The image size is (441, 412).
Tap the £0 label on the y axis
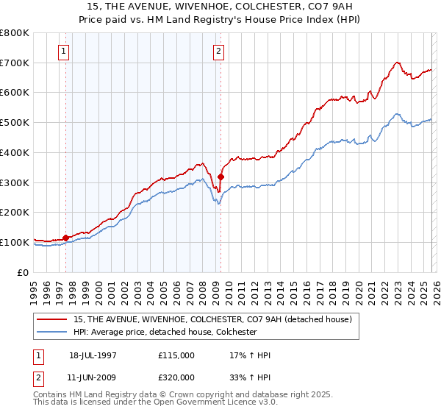click(x=24, y=272)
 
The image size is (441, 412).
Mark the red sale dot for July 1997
click(x=65, y=238)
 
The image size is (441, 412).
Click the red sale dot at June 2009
click(x=220, y=176)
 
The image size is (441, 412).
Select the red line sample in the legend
click(x=52, y=319)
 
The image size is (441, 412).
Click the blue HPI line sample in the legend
click(x=52, y=332)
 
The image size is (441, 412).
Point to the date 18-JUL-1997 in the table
click(x=93, y=355)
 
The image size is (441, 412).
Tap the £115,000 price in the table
click(x=176, y=355)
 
